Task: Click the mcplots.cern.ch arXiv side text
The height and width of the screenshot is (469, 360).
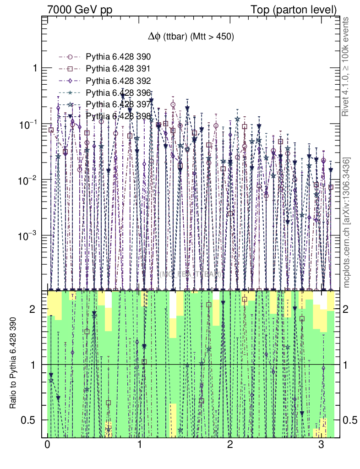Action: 347,223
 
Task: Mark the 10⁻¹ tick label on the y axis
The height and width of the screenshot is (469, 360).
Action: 28,125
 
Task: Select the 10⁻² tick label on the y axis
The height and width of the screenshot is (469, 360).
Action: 28,181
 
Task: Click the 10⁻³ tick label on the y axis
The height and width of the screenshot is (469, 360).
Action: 28,236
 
